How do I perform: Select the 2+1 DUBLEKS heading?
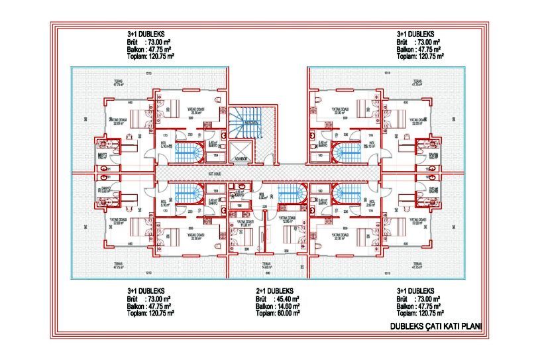[x=274, y=291]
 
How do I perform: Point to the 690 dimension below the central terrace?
[x=267, y=272]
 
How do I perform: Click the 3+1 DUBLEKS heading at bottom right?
[x=415, y=291]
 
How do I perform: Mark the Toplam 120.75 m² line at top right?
[x=420, y=56]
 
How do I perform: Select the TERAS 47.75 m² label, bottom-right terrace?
[x=416, y=266]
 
